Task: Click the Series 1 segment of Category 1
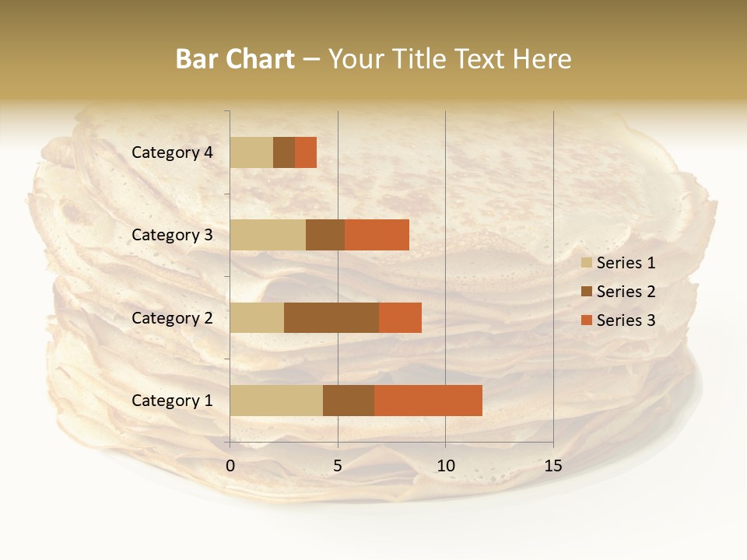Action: click(x=276, y=401)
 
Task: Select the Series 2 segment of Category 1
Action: click(x=349, y=401)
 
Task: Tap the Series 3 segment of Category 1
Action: click(x=428, y=401)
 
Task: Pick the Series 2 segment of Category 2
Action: click(x=331, y=317)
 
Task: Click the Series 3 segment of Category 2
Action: click(x=400, y=317)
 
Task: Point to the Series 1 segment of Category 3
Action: click(x=268, y=235)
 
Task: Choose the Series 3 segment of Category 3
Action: click(x=377, y=235)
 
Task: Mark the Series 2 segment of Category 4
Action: click(x=284, y=152)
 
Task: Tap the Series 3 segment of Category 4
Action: click(x=306, y=152)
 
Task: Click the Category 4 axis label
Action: click(x=172, y=152)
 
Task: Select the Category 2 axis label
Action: click(x=172, y=317)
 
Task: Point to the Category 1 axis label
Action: click(x=172, y=401)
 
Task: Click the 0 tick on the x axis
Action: click(x=230, y=466)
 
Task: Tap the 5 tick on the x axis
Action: click(x=338, y=466)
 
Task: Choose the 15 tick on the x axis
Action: click(x=552, y=466)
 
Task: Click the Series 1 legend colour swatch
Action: click(x=586, y=263)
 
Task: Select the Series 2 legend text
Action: click(x=626, y=292)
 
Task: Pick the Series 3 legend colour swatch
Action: click(x=586, y=320)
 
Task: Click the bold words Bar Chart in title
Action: click(x=235, y=59)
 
